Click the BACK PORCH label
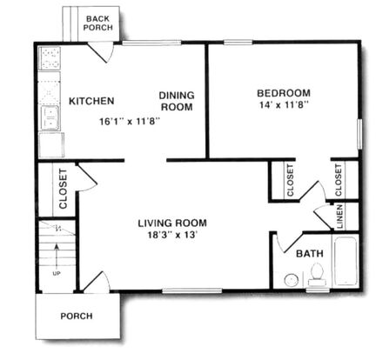tap(98, 23)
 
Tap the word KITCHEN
tap(91, 101)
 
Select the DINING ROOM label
tap(177, 101)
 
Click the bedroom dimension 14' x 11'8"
tap(284, 105)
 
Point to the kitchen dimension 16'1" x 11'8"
tap(130, 121)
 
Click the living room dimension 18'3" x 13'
tap(172, 235)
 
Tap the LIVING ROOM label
tap(172, 223)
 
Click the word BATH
tap(310, 254)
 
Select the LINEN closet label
tap(339, 217)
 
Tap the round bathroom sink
tap(292, 280)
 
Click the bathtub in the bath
tap(345, 261)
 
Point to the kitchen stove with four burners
tap(50, 58)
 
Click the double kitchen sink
tap(50, 118)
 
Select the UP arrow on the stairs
tap(57, 255)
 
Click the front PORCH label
tap(77, 316)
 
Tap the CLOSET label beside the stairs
tap(63, 189)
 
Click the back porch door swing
tap(100, 52)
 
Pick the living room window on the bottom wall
tap(191, 290)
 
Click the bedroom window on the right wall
tap(359, 134)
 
